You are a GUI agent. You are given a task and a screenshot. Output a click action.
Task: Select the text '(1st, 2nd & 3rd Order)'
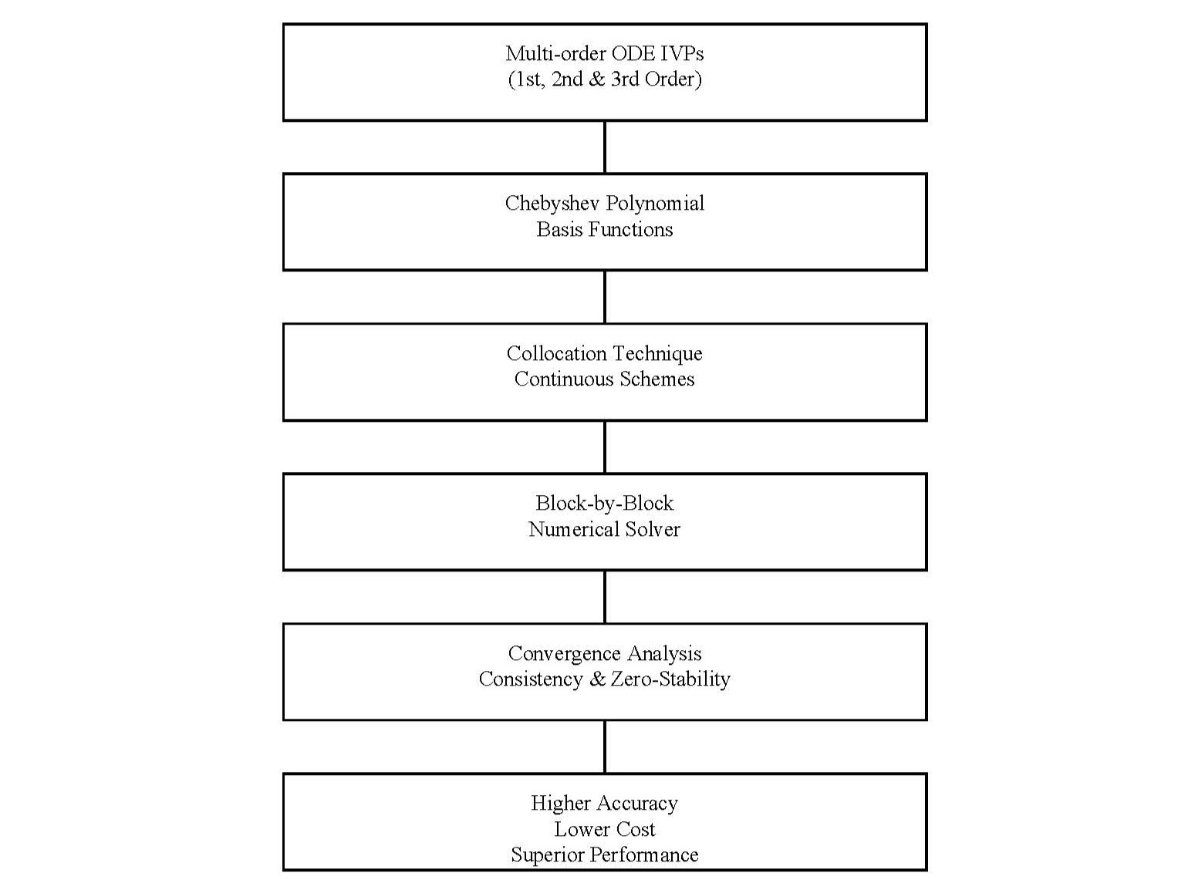605,79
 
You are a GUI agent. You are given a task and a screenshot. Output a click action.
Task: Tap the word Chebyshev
552,204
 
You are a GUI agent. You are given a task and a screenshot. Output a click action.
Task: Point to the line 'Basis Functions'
605,230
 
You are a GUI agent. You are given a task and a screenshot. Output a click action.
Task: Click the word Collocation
556,353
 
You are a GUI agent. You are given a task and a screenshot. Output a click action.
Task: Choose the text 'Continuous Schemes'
605,379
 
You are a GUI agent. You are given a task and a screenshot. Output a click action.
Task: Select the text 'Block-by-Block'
605,504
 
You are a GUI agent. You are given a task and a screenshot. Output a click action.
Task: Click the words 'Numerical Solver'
605,530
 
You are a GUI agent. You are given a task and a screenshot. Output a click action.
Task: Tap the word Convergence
565,654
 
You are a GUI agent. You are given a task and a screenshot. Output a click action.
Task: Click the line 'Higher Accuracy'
605,804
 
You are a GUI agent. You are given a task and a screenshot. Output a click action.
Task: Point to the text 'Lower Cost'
605,829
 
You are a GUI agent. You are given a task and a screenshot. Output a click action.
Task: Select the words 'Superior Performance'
605,855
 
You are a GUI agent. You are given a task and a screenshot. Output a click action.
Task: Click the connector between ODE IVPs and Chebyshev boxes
605,147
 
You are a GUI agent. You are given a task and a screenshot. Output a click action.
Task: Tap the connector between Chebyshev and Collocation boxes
605,297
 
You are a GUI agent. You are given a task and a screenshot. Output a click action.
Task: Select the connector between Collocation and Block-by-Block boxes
605,447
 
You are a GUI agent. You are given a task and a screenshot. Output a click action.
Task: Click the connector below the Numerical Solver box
605,597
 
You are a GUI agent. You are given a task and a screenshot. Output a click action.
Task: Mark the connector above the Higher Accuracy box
605,747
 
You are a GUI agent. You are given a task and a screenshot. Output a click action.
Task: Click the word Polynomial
655,204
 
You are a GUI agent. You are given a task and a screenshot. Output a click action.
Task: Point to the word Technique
658,353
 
